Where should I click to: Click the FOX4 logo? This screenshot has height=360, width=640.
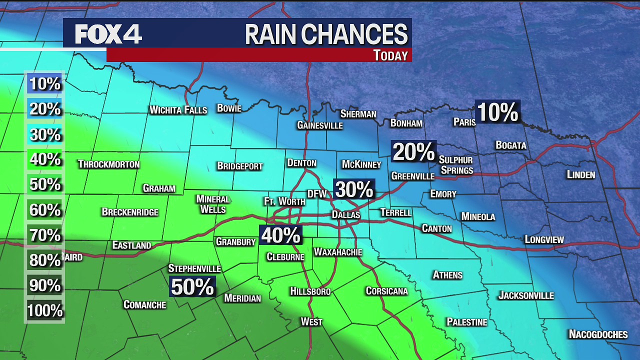pyautogui.click(x=108, y=34)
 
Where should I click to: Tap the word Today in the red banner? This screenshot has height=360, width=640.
pyautogui.click(x=390, y=55)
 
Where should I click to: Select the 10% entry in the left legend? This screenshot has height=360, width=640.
pyautogui.click(x=44, y=83)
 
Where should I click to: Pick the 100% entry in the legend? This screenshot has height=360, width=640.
pyautogui.click(x=44, y=310)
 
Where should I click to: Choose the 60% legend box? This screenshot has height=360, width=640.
pyautogui.click(x=44, y=210)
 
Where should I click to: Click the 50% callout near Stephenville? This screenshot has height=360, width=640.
pyautogui.click(x=192, y=286)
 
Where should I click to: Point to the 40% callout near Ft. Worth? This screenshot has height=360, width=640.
pyautogui.click(x=280, y=235)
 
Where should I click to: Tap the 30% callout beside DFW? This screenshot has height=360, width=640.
pyautogui.click(x=354, y=189)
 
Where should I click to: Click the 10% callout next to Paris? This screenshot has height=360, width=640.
pyautogui.click(x=497, y=112)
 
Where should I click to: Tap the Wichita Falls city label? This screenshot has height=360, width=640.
pyautogui.click(x=178, y=110)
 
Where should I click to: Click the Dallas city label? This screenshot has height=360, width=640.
pyautogui.click(x=346, y=214)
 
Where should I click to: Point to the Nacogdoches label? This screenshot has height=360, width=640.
pyautogui.click(x=598, y=334)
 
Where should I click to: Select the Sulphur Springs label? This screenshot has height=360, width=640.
pyautogui.click(x=456, y=165)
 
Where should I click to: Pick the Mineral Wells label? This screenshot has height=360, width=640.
pyautogui.click(x=213, y=204)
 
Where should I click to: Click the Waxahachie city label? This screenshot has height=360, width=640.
pyautogui.click(x=337, y=252)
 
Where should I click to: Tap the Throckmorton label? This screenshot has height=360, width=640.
pyautogui.click(x=108, y=164)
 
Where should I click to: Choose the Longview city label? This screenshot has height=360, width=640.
pyautogui.click(x=544, y=239)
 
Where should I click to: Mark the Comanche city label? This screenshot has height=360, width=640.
pyautogui.click(x=144, y=304)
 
